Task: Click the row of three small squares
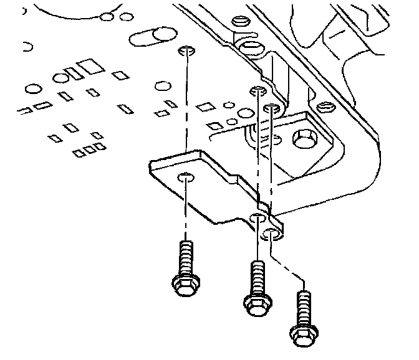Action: click(89, 149)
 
